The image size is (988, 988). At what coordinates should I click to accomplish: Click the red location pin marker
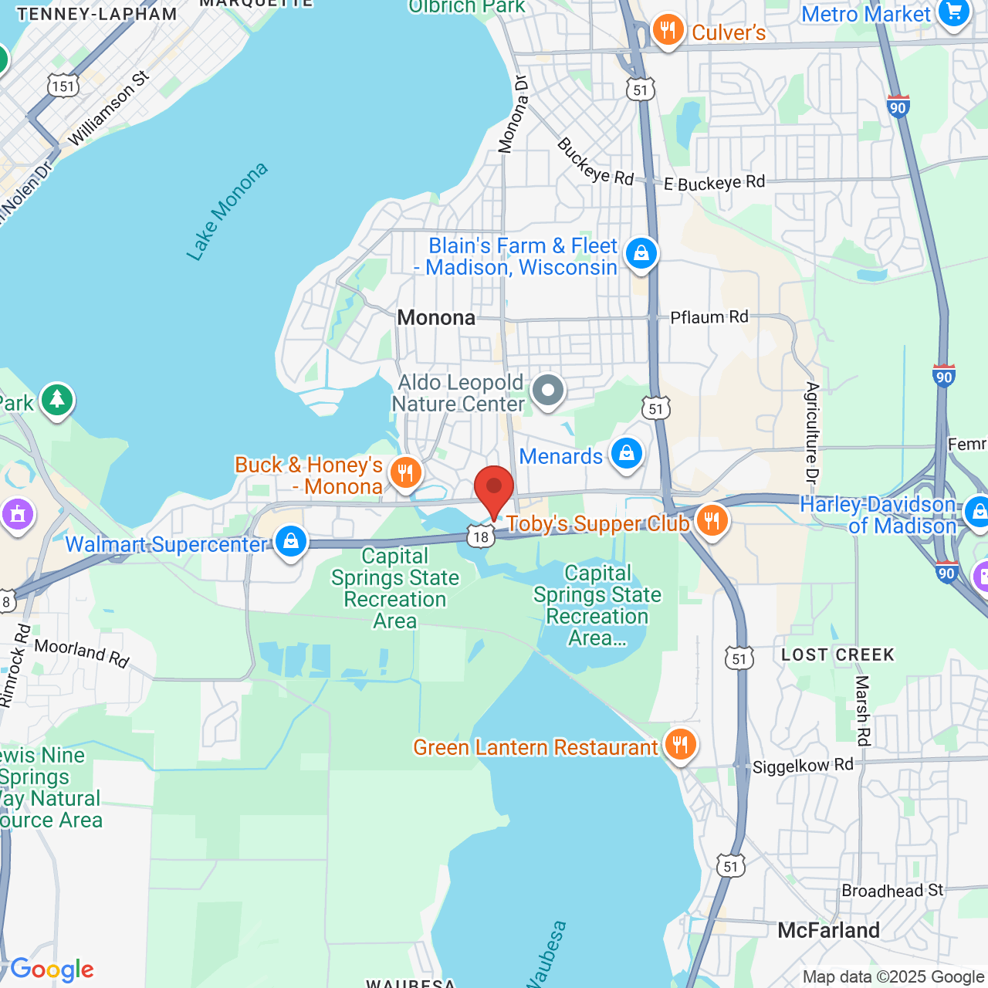click(x=494, y=489)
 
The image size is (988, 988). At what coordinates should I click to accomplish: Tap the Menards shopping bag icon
click(x=627, y=454)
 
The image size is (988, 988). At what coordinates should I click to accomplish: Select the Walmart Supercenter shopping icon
click(x=291, y=542)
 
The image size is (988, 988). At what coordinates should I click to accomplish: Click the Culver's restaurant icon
click(x=668, y=31)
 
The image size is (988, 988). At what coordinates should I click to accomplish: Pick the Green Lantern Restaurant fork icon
click(x=680, y=745)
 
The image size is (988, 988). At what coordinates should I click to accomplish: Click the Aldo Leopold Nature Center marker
click(x=548, y=391)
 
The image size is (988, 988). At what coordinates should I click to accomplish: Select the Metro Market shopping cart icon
click(x=955, y=12)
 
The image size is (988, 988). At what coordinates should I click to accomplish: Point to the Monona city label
click(x=436, y=318)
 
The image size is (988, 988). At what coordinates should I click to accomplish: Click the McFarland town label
click(x=828, y=931)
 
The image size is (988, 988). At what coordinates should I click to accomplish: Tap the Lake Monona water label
click(x=227, y=211)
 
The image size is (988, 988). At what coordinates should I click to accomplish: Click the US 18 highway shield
click(x=481, y=536)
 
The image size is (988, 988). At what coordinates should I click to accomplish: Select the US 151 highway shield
click(x=63, y=86)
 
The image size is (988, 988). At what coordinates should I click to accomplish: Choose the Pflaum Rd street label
click(x=709, y=317)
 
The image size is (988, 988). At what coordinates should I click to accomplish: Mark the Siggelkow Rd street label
click(x=803, y=766)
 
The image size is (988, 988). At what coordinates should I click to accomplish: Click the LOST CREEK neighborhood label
click(x=837, y=655)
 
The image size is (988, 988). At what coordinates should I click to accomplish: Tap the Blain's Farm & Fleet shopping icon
click(x=641, y=253)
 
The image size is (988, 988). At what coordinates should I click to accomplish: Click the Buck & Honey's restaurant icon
click(x=405, y=472)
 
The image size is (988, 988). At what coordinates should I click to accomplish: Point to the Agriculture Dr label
click(x=811, y=432)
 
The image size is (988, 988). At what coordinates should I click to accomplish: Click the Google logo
click(x=52, y=969)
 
